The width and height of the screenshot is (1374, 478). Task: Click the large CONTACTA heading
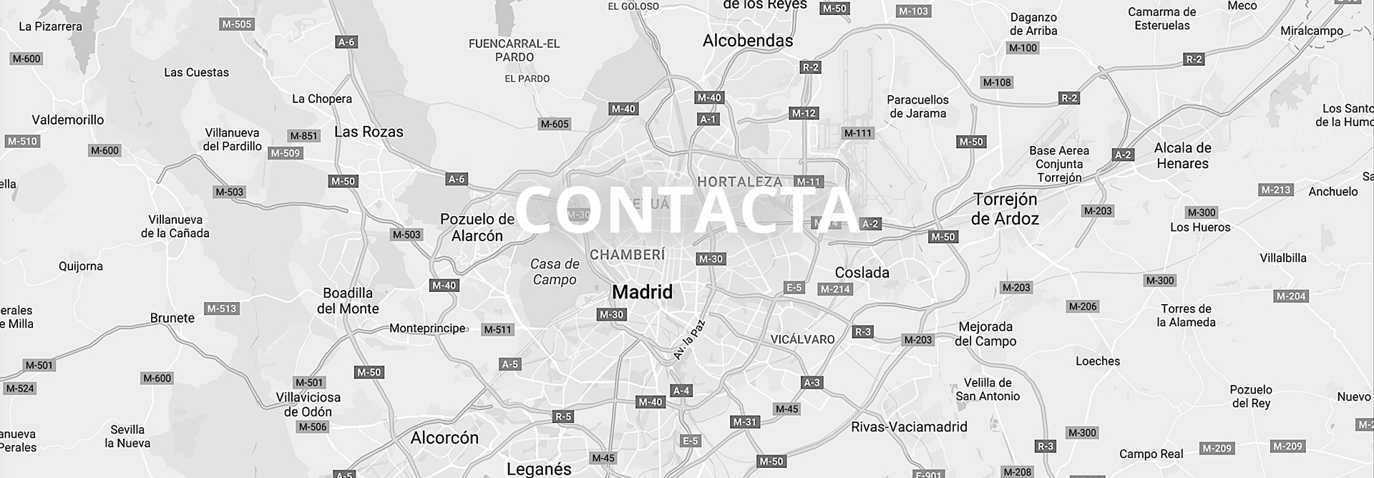[x=687, y=210]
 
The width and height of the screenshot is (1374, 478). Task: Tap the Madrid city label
[x=643, y=292]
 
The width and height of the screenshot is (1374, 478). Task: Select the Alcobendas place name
[x=748, y=41]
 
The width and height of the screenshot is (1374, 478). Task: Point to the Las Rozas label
[x=369, y=132]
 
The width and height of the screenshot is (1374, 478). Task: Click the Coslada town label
[x=862, y=273]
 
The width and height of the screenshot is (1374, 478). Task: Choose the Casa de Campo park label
[x=555, y=272]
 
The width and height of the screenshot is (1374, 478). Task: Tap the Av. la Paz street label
[x=689, y=340]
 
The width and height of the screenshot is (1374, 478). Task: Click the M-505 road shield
[x=237, y=24]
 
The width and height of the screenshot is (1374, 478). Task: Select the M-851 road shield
[x=304, y=136]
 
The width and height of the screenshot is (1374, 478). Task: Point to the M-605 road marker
[x=555, y=124]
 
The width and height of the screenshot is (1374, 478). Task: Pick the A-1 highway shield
[x=708, y=119]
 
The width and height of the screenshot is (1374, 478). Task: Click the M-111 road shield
[x=858, y=133]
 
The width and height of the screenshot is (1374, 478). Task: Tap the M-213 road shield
[x=1276, y=190]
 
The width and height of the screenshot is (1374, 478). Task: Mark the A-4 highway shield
[x=681, y=391]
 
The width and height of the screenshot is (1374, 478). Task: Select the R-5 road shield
[x=563, y=416]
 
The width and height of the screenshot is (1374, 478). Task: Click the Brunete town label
[x=172, y=318]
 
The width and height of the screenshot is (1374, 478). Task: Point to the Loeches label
[x=1098, y=361]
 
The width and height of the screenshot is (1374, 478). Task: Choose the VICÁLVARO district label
[x=802, y=340]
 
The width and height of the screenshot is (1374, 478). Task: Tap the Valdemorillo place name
[x=68, y=120]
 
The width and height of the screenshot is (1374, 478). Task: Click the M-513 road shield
[x=222, y=309]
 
